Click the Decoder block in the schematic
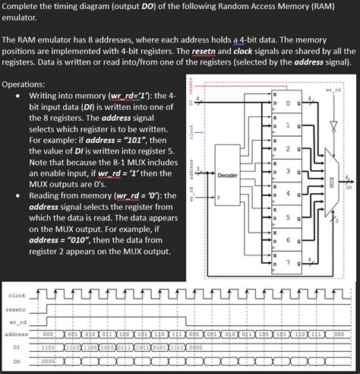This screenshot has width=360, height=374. point(228,176)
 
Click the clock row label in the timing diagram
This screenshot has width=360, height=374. point(17,296)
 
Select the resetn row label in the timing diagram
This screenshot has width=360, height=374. point(17,309)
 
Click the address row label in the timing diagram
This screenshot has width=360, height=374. point(17,335)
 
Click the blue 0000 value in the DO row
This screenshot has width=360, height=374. point(48,361)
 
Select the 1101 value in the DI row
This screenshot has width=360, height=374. point(48,348)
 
